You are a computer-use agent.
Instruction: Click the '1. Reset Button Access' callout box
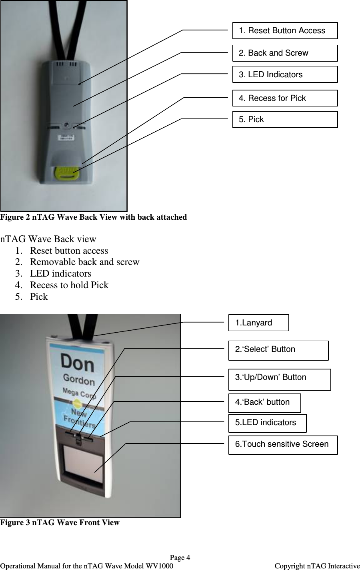pyautogui.click(x=285, y=31)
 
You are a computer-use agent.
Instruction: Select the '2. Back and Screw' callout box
pyautogui.click(x=285, y=53)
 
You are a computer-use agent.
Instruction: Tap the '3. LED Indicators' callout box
pyautogui.click(x=285, y=75)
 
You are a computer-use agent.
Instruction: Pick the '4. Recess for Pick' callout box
pyautogui.click(x=285, y=98)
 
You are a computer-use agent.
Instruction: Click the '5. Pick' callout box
pyautogui.click(x=285, y=120)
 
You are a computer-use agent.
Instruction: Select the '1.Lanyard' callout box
pyautogui.click(x=258, y=323)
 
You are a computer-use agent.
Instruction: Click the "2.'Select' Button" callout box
pyautogui.click(x=278, y=350)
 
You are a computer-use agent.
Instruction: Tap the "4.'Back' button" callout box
pyautogui.click(x=264, y=403)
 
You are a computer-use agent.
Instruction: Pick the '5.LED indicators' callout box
pyautogui.click(x=267, y=423)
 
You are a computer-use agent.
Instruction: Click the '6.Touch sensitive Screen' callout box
pyautogui.click(x=282, y=445)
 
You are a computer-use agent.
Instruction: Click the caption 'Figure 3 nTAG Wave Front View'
pyautogui.click(x=60, y=522)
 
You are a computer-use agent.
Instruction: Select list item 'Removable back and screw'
pyautogui.click(x=85, y=262)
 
